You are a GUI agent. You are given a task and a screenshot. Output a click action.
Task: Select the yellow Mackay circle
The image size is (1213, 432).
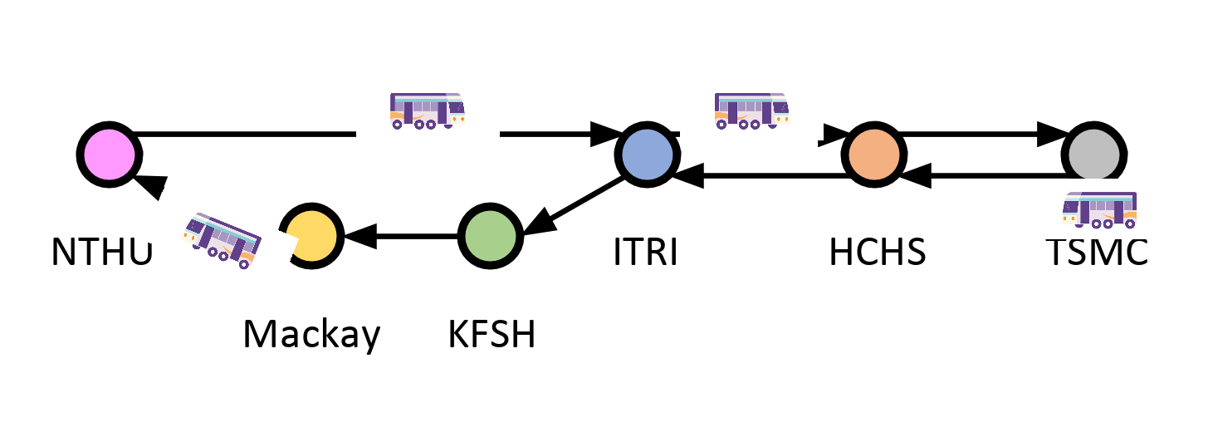tap(311, 236)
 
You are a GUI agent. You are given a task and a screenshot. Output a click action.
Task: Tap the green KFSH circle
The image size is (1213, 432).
tap(490, 236)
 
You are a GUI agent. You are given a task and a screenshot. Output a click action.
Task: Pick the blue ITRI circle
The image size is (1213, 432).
tap(648, 155)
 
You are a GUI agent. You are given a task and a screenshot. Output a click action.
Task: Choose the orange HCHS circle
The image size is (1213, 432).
tap(874, 155)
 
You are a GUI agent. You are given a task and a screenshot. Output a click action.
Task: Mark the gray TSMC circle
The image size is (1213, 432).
tap(1095, 155)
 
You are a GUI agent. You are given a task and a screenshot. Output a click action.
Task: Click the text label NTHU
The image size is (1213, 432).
tap(102, 252)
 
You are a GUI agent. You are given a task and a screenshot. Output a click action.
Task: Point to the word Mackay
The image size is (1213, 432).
tap(311, 335)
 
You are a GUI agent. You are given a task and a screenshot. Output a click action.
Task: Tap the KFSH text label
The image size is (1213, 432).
tap(492, 335)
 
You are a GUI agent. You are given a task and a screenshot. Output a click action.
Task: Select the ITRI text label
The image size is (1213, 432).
tap(646, 252)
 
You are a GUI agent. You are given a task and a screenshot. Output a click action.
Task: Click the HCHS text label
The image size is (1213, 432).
tap(877, 252)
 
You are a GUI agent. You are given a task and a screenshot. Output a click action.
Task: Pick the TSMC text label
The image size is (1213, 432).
tap(1097, 252)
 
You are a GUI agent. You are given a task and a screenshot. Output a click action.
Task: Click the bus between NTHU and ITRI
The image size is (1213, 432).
tap(427, 111)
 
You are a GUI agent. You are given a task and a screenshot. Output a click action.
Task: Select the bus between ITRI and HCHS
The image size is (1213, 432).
tap(751, 111)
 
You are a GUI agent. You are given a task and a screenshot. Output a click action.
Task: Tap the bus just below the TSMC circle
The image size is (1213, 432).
tap(1099, 209)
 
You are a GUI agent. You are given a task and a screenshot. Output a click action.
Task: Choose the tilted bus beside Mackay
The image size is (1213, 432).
tap(222, 240)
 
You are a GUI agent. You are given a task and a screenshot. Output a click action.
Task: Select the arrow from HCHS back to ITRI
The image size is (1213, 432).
tap(760, 175)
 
